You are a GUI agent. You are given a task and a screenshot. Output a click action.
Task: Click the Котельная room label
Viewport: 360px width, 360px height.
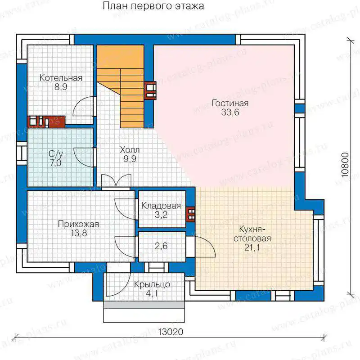(x=61, y=78)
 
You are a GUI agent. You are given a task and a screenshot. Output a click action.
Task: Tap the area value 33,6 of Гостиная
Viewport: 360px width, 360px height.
(x=230, y=112)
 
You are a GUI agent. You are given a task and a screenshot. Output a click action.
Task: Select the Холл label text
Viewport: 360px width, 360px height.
(x=130, y=150)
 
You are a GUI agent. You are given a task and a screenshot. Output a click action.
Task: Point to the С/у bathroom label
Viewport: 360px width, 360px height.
(x=55, y=154)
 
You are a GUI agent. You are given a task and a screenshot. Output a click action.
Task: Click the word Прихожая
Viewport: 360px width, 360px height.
(x=78, y=224)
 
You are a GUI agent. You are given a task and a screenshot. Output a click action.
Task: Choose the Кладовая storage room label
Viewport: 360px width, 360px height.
(x=161, y=206)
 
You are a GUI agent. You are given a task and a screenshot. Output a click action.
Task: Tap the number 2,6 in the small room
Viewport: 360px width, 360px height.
(x=161, y=246)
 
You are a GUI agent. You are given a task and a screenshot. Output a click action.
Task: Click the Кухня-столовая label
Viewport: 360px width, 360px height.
(x=252, y=234)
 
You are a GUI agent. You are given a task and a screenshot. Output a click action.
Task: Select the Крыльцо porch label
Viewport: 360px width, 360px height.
(x=152, y=284)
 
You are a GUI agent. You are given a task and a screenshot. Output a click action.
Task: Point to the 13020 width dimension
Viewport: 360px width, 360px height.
(x=171, y=332)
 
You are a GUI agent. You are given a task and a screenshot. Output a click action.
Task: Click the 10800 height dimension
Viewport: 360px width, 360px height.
(x=345, y=165)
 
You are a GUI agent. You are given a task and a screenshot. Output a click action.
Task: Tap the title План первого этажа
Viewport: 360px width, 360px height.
(x=153, y=6)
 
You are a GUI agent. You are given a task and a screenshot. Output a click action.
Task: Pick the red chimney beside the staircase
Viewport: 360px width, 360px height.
(x=151, y=90)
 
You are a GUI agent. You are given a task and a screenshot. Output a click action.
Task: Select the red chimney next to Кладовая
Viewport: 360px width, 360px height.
(x=191, y=214)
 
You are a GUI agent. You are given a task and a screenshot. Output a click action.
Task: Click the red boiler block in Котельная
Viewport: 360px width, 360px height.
(x=46, y=121)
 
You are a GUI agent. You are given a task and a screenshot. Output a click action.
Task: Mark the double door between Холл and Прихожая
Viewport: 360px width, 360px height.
(x=116, y=181)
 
